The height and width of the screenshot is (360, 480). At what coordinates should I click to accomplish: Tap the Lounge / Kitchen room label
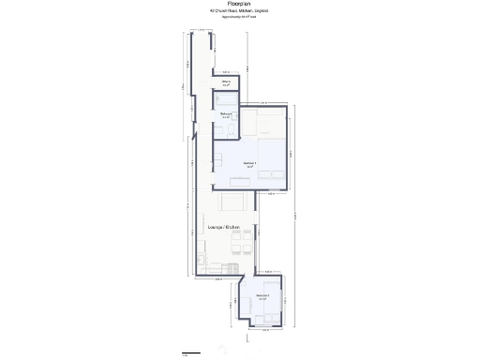click(x=223, y=228)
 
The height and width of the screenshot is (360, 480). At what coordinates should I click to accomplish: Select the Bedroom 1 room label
click(x=249, y=163)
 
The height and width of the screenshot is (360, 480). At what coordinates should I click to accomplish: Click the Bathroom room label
click(x=226, y=114)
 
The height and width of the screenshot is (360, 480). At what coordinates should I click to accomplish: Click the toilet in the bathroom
click(x=231, y=132)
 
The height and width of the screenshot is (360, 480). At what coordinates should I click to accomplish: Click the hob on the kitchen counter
click(x=202, y=253)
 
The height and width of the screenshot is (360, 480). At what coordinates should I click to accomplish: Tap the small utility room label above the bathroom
click(x=226, y=82)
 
